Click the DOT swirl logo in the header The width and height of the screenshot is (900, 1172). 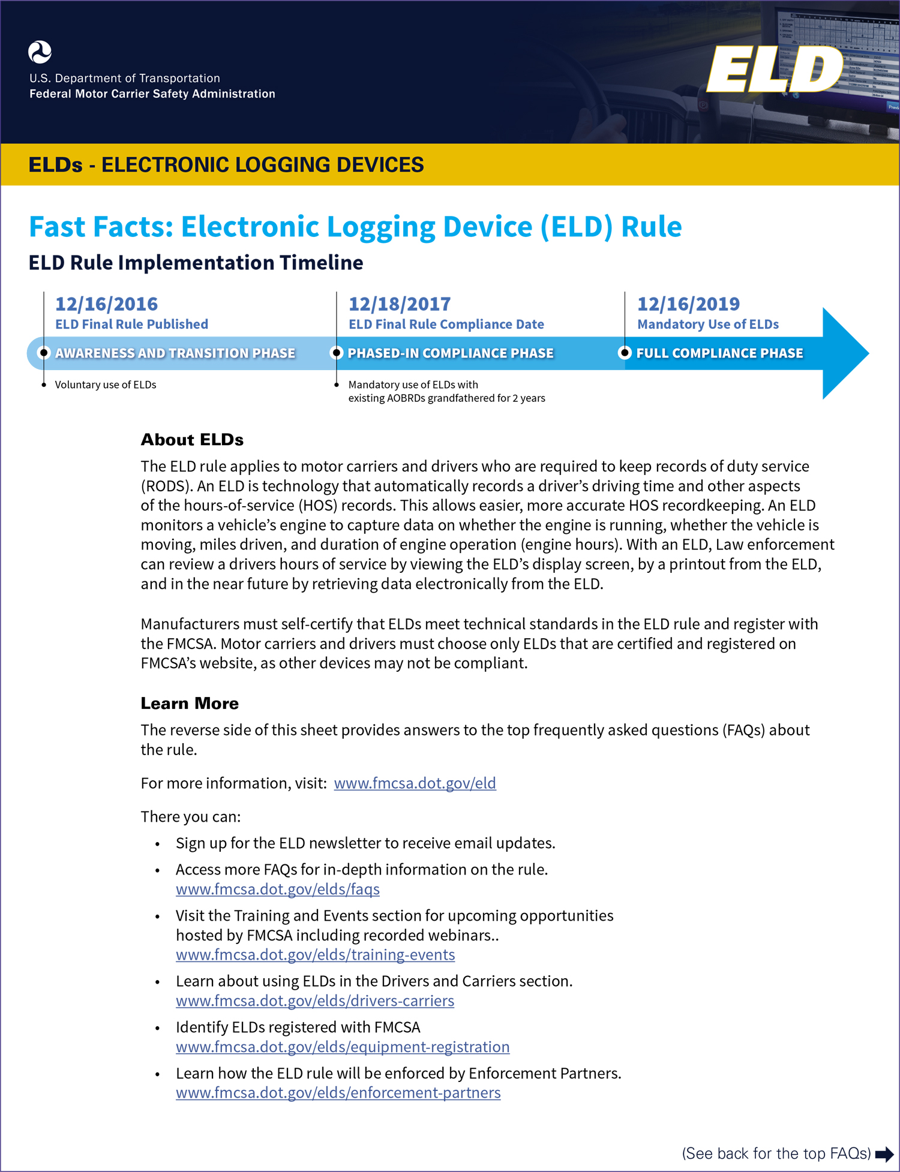(x=40, y=52)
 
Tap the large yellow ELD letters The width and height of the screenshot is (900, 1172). (x=774, y=70)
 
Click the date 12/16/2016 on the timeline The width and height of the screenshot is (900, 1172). (x=106, y=304)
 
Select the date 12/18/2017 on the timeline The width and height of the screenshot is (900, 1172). (x=399, y=304)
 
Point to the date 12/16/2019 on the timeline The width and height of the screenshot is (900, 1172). (x=688, y=304)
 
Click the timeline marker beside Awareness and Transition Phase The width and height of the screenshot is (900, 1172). (x=43, y=353)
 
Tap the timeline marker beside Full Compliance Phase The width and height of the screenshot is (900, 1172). (x=625, y=353)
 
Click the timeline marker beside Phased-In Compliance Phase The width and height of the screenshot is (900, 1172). (x=337, y=353)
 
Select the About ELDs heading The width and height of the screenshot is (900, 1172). (x=192, y=440)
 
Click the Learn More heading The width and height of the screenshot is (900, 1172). (x=190, y=703)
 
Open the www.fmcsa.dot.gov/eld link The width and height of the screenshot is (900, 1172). (x=415, y=783)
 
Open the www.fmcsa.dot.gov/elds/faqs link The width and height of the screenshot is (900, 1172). (x=278, y=889)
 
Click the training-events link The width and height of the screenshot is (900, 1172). (x=315, y=954)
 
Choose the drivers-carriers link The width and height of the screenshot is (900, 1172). (x=315, y=1000)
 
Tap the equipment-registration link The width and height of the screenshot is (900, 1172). (x=343, y=1047)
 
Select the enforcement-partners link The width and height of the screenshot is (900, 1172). (x=338, y=1092)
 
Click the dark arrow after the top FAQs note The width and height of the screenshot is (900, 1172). (x=884, y=1154)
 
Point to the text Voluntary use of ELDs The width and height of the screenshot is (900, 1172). (x=106, y=384)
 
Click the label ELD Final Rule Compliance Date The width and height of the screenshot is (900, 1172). (x=446, y=324)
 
